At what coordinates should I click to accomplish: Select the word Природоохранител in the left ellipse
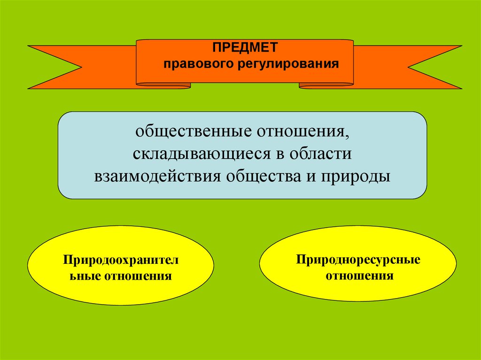pyautogui.click(x=121, y=260)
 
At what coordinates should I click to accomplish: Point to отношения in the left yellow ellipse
pyautogui.click(x=139, y=276)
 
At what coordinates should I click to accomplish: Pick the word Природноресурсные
pyautogui.click(x=357, y=260)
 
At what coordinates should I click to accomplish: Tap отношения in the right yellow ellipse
pyautogui.click(x=357, y=275)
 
